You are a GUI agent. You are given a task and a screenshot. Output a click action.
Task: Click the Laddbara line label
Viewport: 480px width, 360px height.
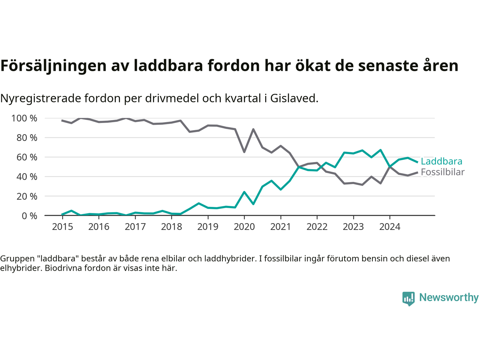441,161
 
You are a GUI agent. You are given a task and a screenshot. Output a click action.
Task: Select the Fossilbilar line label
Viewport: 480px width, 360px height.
442,172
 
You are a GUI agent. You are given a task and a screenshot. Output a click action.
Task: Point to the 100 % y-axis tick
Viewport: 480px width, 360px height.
24,118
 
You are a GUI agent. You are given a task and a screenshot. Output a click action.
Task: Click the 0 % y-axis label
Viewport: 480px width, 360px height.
29,216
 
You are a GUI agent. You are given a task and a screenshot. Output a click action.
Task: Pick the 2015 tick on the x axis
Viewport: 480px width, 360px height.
62,227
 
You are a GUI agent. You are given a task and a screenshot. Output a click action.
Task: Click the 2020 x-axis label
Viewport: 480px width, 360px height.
244,227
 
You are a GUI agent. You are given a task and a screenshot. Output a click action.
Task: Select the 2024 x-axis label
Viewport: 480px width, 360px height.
390,227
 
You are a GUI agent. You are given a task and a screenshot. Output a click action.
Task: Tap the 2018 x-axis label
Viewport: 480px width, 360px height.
171,227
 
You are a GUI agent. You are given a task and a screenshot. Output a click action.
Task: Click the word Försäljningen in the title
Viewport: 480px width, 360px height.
53,66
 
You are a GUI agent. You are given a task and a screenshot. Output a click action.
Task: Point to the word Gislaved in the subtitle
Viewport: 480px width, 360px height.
294,98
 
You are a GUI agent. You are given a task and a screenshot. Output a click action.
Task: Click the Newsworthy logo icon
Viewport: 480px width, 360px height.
408,298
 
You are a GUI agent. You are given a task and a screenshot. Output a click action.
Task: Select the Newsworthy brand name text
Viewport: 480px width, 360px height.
449,297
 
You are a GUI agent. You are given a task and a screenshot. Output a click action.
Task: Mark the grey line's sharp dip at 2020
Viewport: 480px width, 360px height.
244,151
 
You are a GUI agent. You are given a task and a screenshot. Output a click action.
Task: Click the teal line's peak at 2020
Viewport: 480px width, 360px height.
244,192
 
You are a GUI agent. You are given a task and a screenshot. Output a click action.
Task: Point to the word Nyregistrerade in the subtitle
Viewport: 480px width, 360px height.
40,98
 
